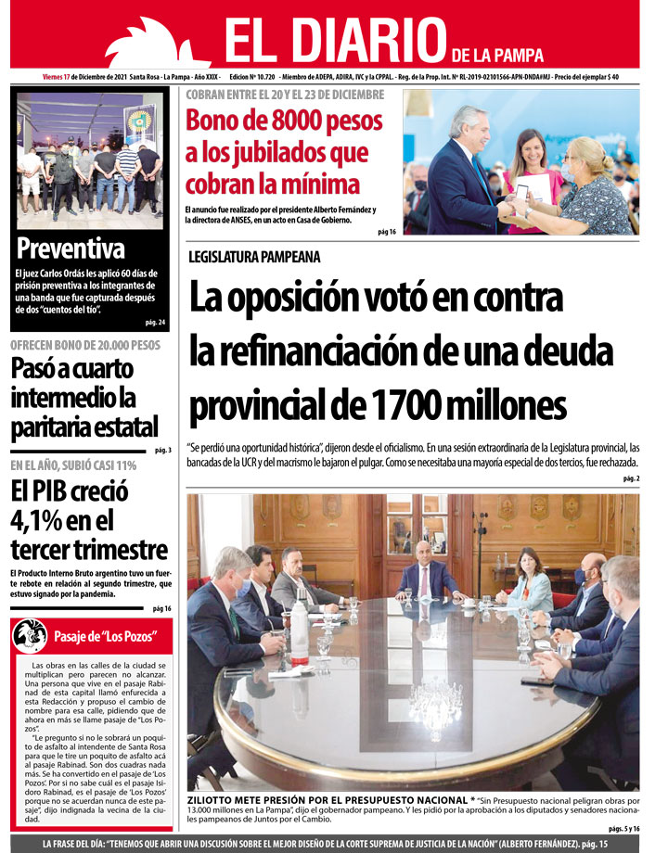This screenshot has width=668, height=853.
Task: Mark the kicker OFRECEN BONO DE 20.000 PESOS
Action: tap(85, 346)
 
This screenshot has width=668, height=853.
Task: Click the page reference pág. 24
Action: tap(155, 323)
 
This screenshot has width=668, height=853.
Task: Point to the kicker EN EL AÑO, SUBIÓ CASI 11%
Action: tap(73, 465)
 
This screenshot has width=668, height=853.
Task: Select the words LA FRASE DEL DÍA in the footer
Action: tap(83, 844)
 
